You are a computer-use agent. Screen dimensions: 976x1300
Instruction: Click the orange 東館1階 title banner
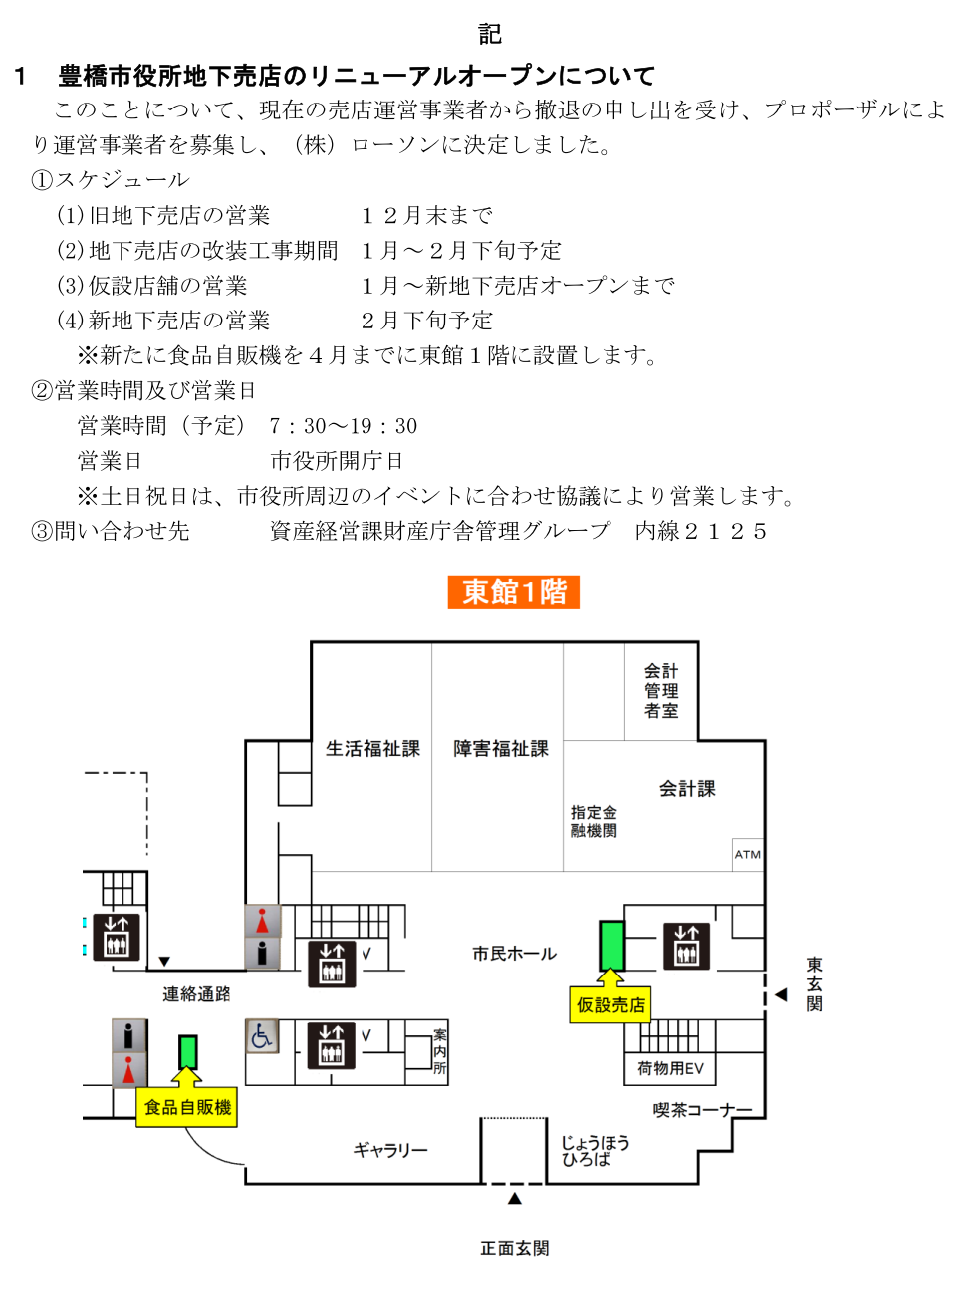click(513, 592)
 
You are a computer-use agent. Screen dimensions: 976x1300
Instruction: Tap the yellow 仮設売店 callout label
click(610, 1005)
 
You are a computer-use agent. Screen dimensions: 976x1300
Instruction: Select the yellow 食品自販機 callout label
click(187, 1107)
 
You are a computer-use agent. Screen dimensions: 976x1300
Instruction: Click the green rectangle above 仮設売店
click(611, 945)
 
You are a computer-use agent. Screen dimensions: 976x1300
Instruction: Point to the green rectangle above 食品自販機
click(187, 1051)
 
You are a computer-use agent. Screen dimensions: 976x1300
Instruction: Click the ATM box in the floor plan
click(747, 854)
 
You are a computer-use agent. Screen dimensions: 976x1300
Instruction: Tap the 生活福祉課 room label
click(372, 749)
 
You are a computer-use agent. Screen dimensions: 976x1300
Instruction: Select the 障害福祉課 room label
click(501, 749)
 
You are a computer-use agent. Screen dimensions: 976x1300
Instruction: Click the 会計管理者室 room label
click(661, 691)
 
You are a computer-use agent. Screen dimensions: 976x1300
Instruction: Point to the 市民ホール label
click(514, 954)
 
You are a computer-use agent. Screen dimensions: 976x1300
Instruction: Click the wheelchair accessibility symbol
click(261, 1036)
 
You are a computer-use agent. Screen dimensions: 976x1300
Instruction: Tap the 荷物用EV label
click(670, 1069)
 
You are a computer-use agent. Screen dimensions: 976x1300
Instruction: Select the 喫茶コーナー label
click(702, 1110)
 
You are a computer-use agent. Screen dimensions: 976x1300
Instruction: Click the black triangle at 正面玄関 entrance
click(515, 1199)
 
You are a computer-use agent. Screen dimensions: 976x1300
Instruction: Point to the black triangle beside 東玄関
click(781, 994)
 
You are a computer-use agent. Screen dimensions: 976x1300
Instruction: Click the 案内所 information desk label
click(439, 1052)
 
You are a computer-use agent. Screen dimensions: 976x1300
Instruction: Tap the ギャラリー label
click(390, 1150)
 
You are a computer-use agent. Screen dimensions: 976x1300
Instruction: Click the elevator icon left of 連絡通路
click(117, 936)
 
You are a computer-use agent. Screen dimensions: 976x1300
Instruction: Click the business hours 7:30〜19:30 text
click(343, 426)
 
